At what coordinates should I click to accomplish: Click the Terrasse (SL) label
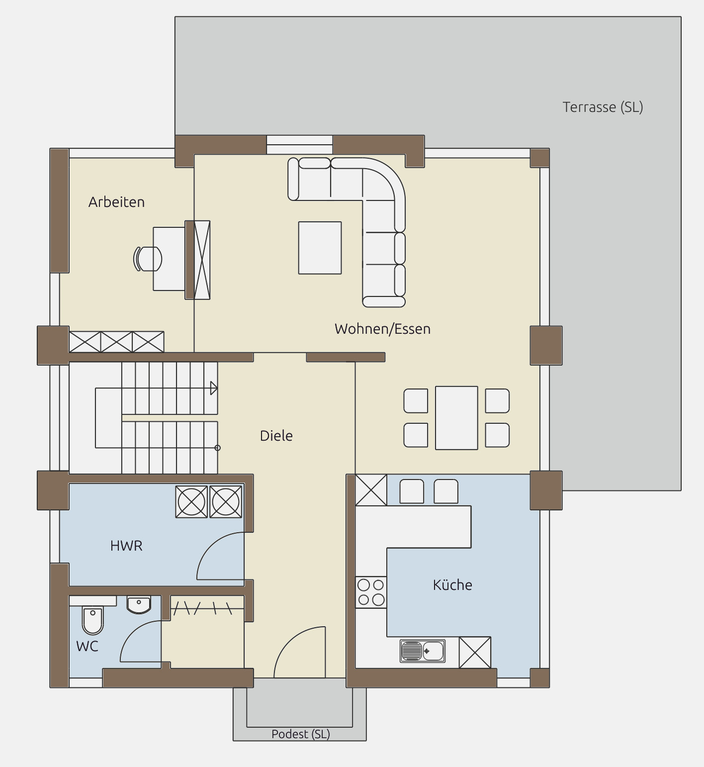click(x=603, y=107)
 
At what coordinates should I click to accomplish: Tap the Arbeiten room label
click(x=116, y=202)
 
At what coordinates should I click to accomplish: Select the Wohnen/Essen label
click(x=382, y=329)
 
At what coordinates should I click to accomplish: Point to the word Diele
click(x=276, y=436)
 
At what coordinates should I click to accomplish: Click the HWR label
click(x=126, y=546)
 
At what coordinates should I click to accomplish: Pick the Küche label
click(x=452, y=584)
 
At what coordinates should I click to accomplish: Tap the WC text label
click(x=87, y=646)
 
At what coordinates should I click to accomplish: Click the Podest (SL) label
click(x=301, y=734)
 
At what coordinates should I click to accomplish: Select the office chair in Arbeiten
click(x=148, y=259)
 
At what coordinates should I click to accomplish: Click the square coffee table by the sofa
click(x=320, y=248)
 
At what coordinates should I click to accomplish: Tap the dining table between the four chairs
click(x=456, y=418)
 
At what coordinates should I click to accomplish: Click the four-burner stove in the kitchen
click(x=371, y=592)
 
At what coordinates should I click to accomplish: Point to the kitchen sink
click(x=423, y=651)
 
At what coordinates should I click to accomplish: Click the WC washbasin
click(x=138, y=605)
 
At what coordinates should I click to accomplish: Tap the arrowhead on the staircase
click(x=214, y=388)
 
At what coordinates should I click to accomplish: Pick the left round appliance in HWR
click(x=191, y=501)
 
